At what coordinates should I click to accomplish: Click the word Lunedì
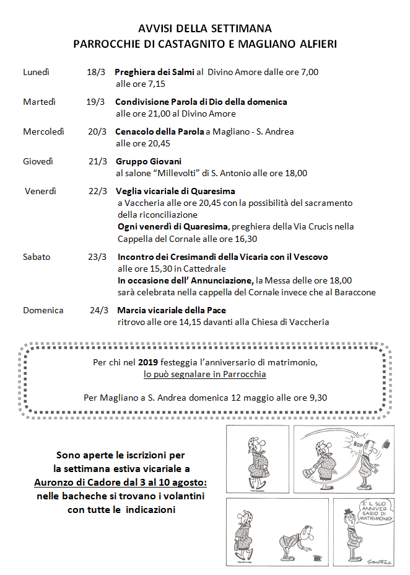tap(36, 72)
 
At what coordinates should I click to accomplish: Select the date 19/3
tap(95, 102)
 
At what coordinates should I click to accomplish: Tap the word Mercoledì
tap(44, 131)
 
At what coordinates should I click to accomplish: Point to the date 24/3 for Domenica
tap(99, 310)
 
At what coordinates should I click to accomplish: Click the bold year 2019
tap(149, 362)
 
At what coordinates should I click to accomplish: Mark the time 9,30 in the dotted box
tap(316, 398)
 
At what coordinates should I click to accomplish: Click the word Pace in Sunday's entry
tap(216, 310)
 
